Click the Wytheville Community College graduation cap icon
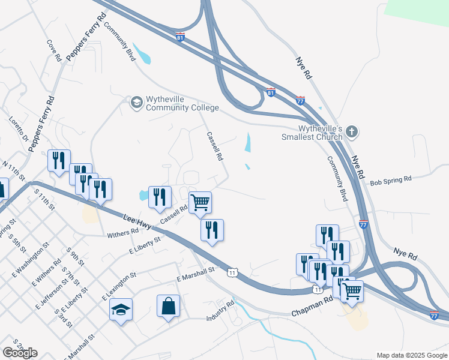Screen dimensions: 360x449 (x=136, y=103)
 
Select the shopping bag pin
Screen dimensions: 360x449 (x=168, y=307)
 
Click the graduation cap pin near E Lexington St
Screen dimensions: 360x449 (x=121, y=310)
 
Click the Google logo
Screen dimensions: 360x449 (x=20, y=353)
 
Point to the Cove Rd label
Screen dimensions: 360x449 (x=54, y=51)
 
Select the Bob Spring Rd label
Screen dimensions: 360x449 (x=391, y=179)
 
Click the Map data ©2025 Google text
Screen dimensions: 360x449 (x=411, y=355)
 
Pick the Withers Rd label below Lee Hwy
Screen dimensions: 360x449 (x=122, y=233)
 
